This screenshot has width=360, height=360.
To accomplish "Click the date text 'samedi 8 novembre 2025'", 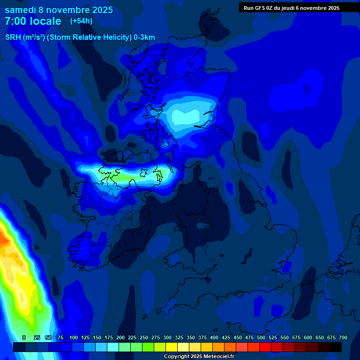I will pyautogui.click(x=59, y=10).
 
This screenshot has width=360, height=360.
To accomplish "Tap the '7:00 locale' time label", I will pyautogui.click(x=33, y=21).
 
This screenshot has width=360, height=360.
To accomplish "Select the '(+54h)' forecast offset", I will pyautogui.click(x=81, y=21).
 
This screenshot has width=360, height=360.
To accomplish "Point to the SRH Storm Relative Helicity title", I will pyautogui.click(x=80, y=37).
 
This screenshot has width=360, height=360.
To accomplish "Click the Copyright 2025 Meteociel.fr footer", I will pyautogui.click(x=199, y=357).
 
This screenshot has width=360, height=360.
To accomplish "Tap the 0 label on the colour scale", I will pyautogui.click(x=24, y=337).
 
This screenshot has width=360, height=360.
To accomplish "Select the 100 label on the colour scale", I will pyautogui.click(x=74, y=337).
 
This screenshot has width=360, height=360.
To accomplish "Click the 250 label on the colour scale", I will pyautogui.click(x=144, y=337).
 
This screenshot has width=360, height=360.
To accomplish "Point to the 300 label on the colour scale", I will pyautogui.click(x=167, y=337).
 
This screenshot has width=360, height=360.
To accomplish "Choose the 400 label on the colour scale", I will pyautogui.click(x=214, y=337).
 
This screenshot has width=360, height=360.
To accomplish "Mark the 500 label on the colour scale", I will pyautogui.click(x=261, y=337).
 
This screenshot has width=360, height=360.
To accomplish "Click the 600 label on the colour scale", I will pyautogui.click(x=308, y=337).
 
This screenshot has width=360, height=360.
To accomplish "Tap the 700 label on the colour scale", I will pyautogui.click(x=343, y=337).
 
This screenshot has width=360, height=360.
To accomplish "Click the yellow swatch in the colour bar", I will pyautogui.click(x=172, y=347).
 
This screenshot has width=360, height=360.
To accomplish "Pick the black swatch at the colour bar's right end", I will pyautogui.click(x=336, y=347).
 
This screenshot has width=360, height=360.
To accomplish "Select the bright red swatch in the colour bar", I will pyautogui.click(x=265, y=347).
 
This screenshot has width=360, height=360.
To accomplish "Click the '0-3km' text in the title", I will pyautogui.click(x=144, y=37).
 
